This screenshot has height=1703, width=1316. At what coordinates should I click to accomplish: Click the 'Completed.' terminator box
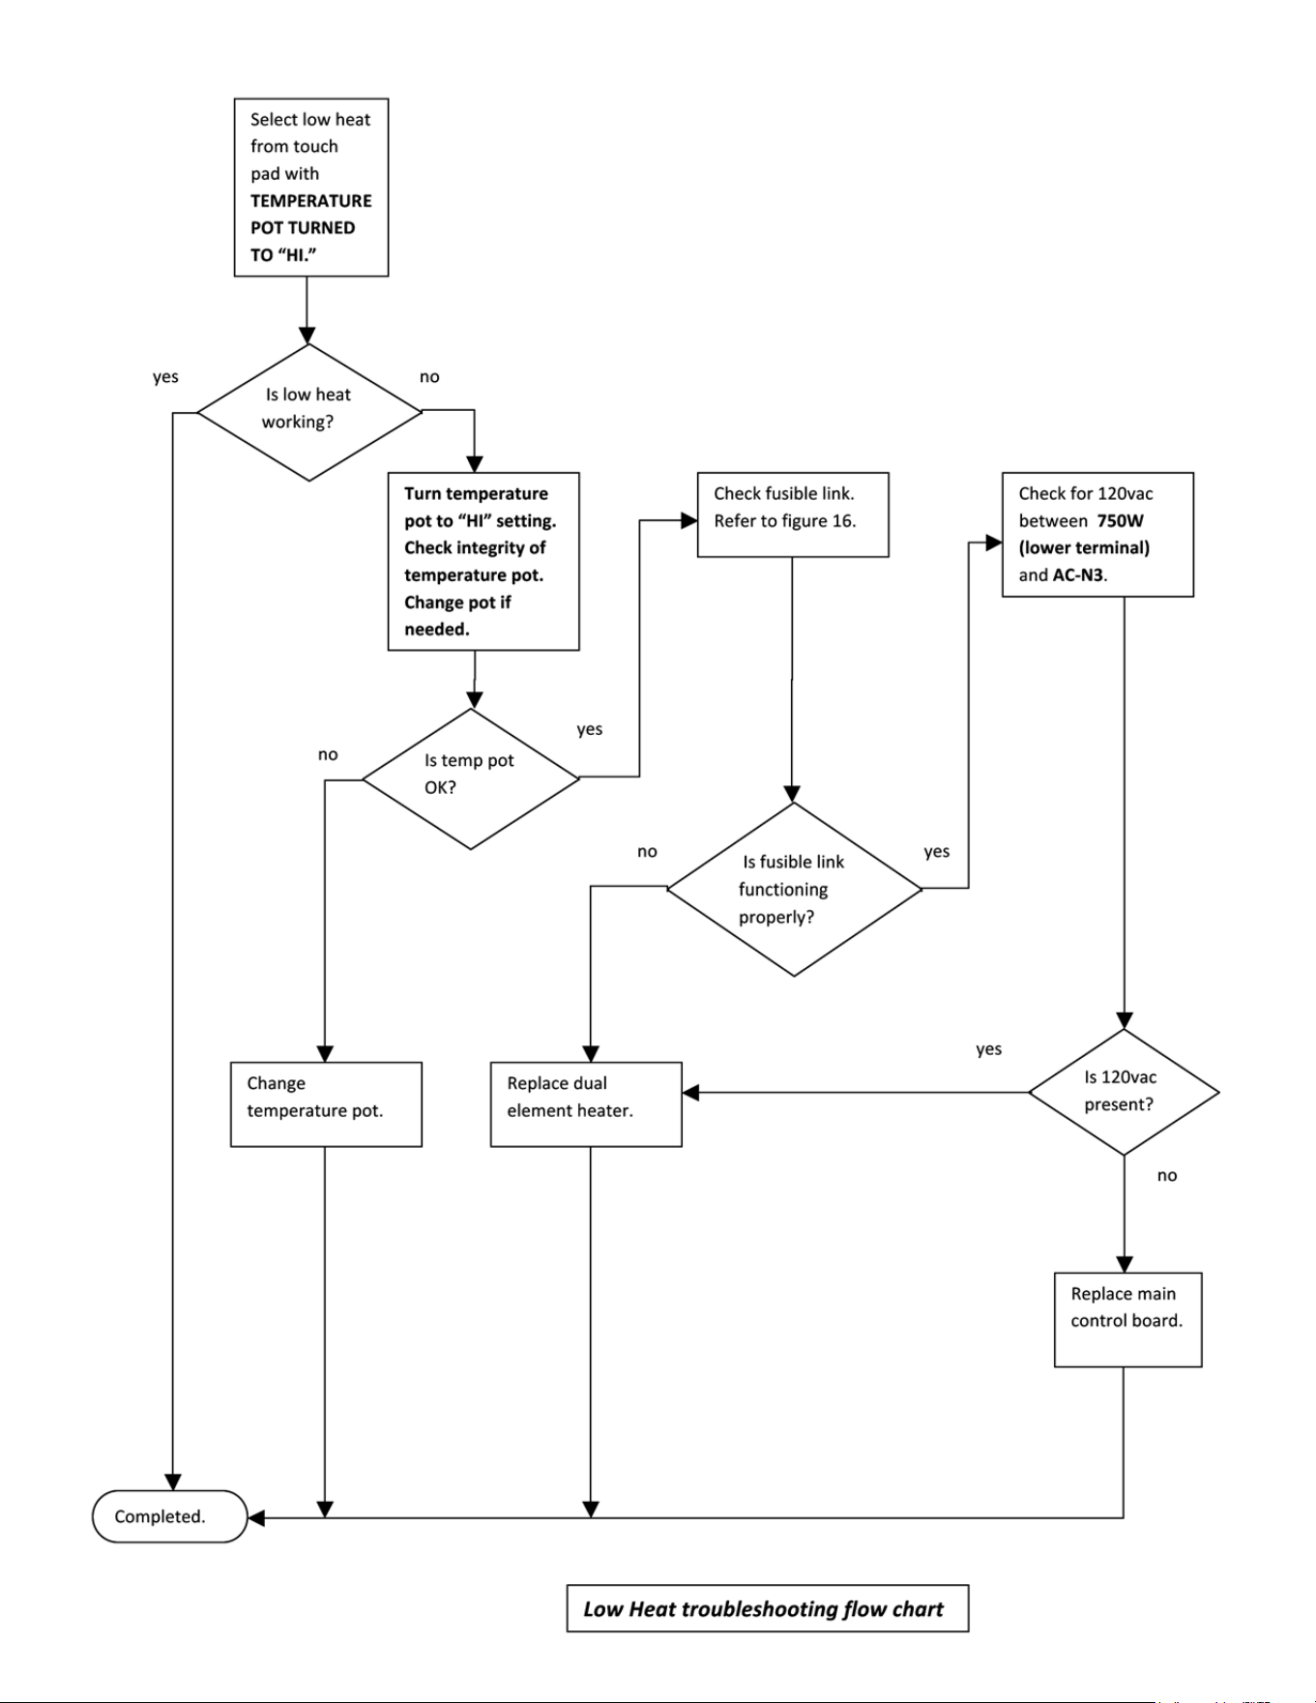coord(170,1516)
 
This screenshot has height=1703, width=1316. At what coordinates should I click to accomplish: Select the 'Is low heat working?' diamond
coord(309,412)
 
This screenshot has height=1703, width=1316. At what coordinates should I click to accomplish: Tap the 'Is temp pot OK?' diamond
coord(471,778)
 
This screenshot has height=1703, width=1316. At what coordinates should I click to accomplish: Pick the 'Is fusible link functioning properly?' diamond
coord(794,889)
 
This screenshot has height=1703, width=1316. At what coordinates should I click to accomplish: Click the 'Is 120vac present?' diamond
coord(1124,1092)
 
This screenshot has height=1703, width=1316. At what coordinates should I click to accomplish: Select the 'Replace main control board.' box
coord(1127,1319)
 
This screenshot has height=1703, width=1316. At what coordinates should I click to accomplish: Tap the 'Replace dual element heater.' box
coord(586,1104)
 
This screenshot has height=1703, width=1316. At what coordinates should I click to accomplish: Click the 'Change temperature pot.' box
coord(326,1104)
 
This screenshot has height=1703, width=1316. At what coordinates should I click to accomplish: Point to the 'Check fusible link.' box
coord(793,514)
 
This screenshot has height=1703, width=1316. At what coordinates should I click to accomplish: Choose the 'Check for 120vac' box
coord(1097,534)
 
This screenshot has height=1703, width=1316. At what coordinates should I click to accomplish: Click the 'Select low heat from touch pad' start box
coord(311,187)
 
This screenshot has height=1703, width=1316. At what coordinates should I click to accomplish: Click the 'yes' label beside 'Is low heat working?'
coord(165,376)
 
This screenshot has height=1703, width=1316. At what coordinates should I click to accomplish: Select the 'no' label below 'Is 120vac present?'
coord(1167,1176)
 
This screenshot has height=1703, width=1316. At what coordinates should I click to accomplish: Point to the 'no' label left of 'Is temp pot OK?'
coord(328,754)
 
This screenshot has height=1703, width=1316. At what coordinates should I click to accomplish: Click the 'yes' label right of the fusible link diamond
coord(937,851)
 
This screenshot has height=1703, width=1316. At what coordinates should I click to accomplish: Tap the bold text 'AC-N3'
coord(1078,574)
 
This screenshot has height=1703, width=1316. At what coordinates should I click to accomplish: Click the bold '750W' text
coord(1120,520)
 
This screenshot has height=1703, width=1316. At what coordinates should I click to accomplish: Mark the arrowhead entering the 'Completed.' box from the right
coord(256,1517)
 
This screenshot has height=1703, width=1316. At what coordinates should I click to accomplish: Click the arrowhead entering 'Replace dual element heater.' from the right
coord(690,1093)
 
